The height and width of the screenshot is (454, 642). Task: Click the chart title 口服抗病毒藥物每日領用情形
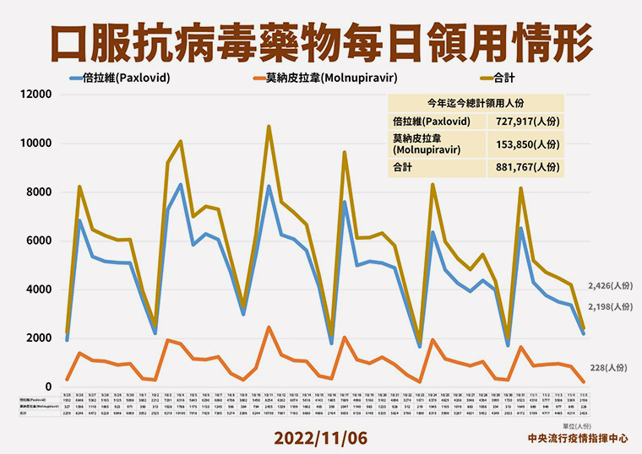point(321,40)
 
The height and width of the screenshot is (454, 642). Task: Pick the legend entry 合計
point(503,78)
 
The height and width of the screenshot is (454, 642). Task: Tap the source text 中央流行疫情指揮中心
point(577,439)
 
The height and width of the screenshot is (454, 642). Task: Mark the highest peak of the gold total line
point(269,127)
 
